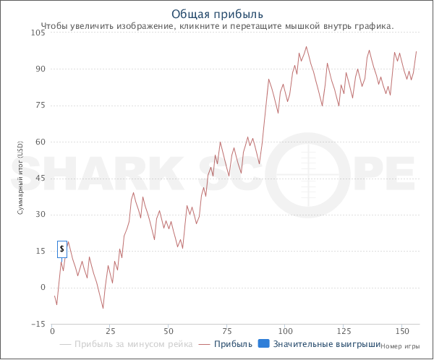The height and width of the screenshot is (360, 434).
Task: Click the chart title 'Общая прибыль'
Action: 218,14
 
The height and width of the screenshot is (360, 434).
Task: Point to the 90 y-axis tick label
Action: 41,69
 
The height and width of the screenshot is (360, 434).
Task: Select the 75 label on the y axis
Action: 41,106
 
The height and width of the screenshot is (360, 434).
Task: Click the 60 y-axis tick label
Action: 41,142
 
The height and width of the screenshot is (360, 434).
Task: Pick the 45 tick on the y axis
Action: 41,179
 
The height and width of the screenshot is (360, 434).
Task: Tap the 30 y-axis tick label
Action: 41,215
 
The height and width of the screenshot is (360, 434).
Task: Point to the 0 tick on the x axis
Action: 52,330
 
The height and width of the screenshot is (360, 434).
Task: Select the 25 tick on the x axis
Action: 111,330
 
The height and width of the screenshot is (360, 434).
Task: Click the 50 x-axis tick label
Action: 169,330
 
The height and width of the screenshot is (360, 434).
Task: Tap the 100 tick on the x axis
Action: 286,330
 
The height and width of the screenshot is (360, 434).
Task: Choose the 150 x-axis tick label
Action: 403,330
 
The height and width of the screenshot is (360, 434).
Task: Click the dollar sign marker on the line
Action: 62,249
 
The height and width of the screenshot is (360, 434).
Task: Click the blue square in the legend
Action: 263,343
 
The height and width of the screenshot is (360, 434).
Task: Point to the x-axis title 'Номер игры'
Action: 399,346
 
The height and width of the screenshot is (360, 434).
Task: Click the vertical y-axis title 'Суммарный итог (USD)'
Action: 20,179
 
